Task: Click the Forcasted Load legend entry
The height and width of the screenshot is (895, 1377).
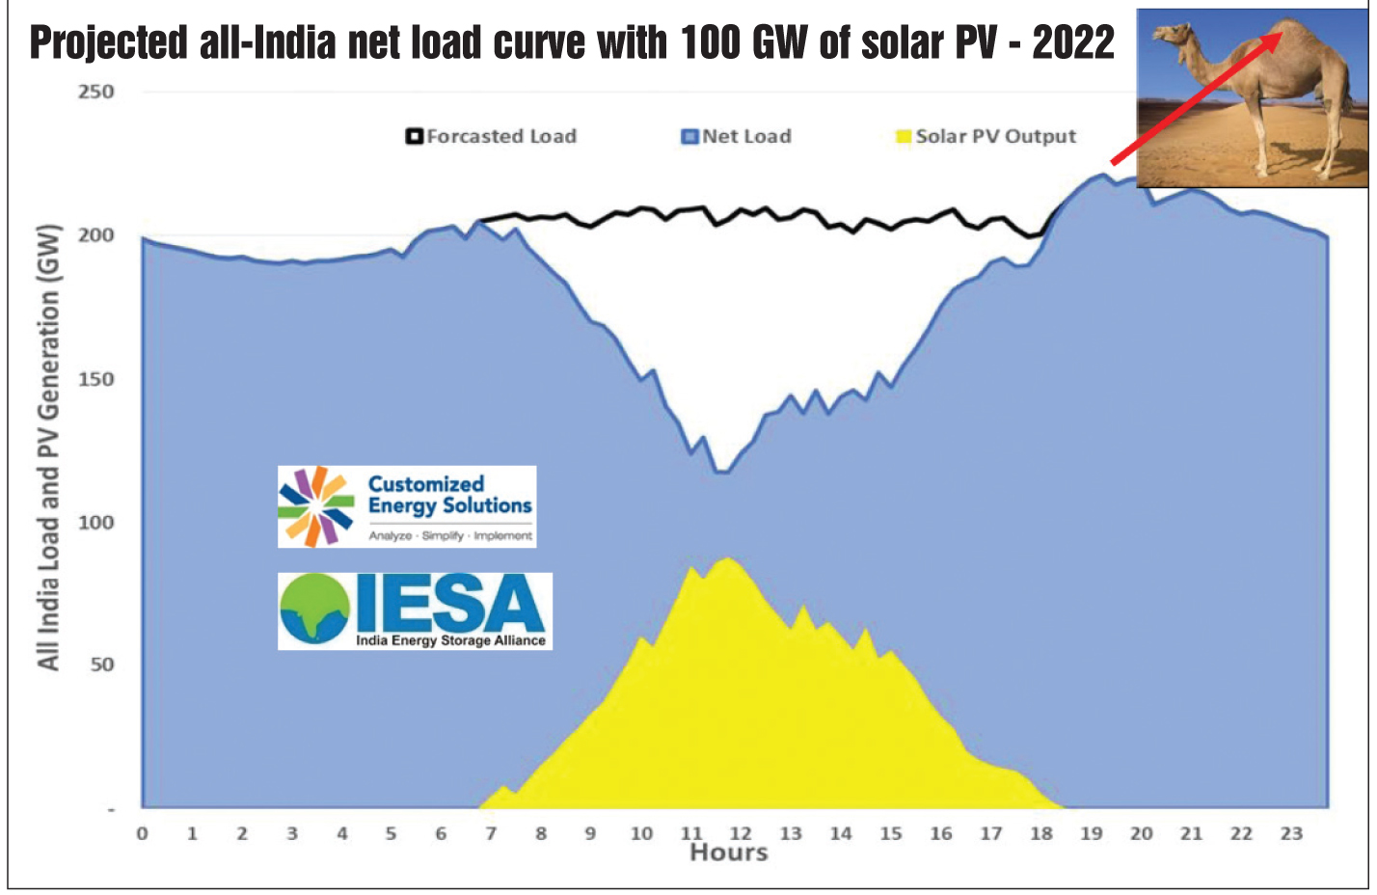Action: [x=492, y=136]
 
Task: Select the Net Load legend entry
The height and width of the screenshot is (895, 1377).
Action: [x=738, y=136]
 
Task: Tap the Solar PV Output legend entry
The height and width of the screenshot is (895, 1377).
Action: [x=986, y=136]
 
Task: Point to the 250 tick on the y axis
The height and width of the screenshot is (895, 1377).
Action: [x=96, y=92]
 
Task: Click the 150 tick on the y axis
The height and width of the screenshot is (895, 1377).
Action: [x=96, y=379]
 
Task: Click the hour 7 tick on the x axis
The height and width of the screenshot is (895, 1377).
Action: [x=491, y=833]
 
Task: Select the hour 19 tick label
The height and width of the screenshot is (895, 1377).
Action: [x=1091, y=833]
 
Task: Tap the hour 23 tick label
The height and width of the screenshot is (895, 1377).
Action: [x=1291, y=833]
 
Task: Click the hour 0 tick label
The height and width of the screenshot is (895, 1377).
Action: [x=143, y=833]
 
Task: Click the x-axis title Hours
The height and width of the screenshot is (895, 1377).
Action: [x=729, y=853]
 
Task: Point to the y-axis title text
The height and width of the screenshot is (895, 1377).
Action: [x=48, y=447]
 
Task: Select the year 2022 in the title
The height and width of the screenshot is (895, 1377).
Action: [x=1073, y=43]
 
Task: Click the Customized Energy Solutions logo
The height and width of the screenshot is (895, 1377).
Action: [x=407, y=506]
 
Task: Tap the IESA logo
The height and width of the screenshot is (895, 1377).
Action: [x=415, y=610]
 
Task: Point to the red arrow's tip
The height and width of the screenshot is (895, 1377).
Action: [x=1281, y=35]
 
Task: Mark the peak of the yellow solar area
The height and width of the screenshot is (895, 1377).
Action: [x=728, y=558]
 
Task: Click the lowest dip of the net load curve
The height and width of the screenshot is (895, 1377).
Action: [x=721, y=472]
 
